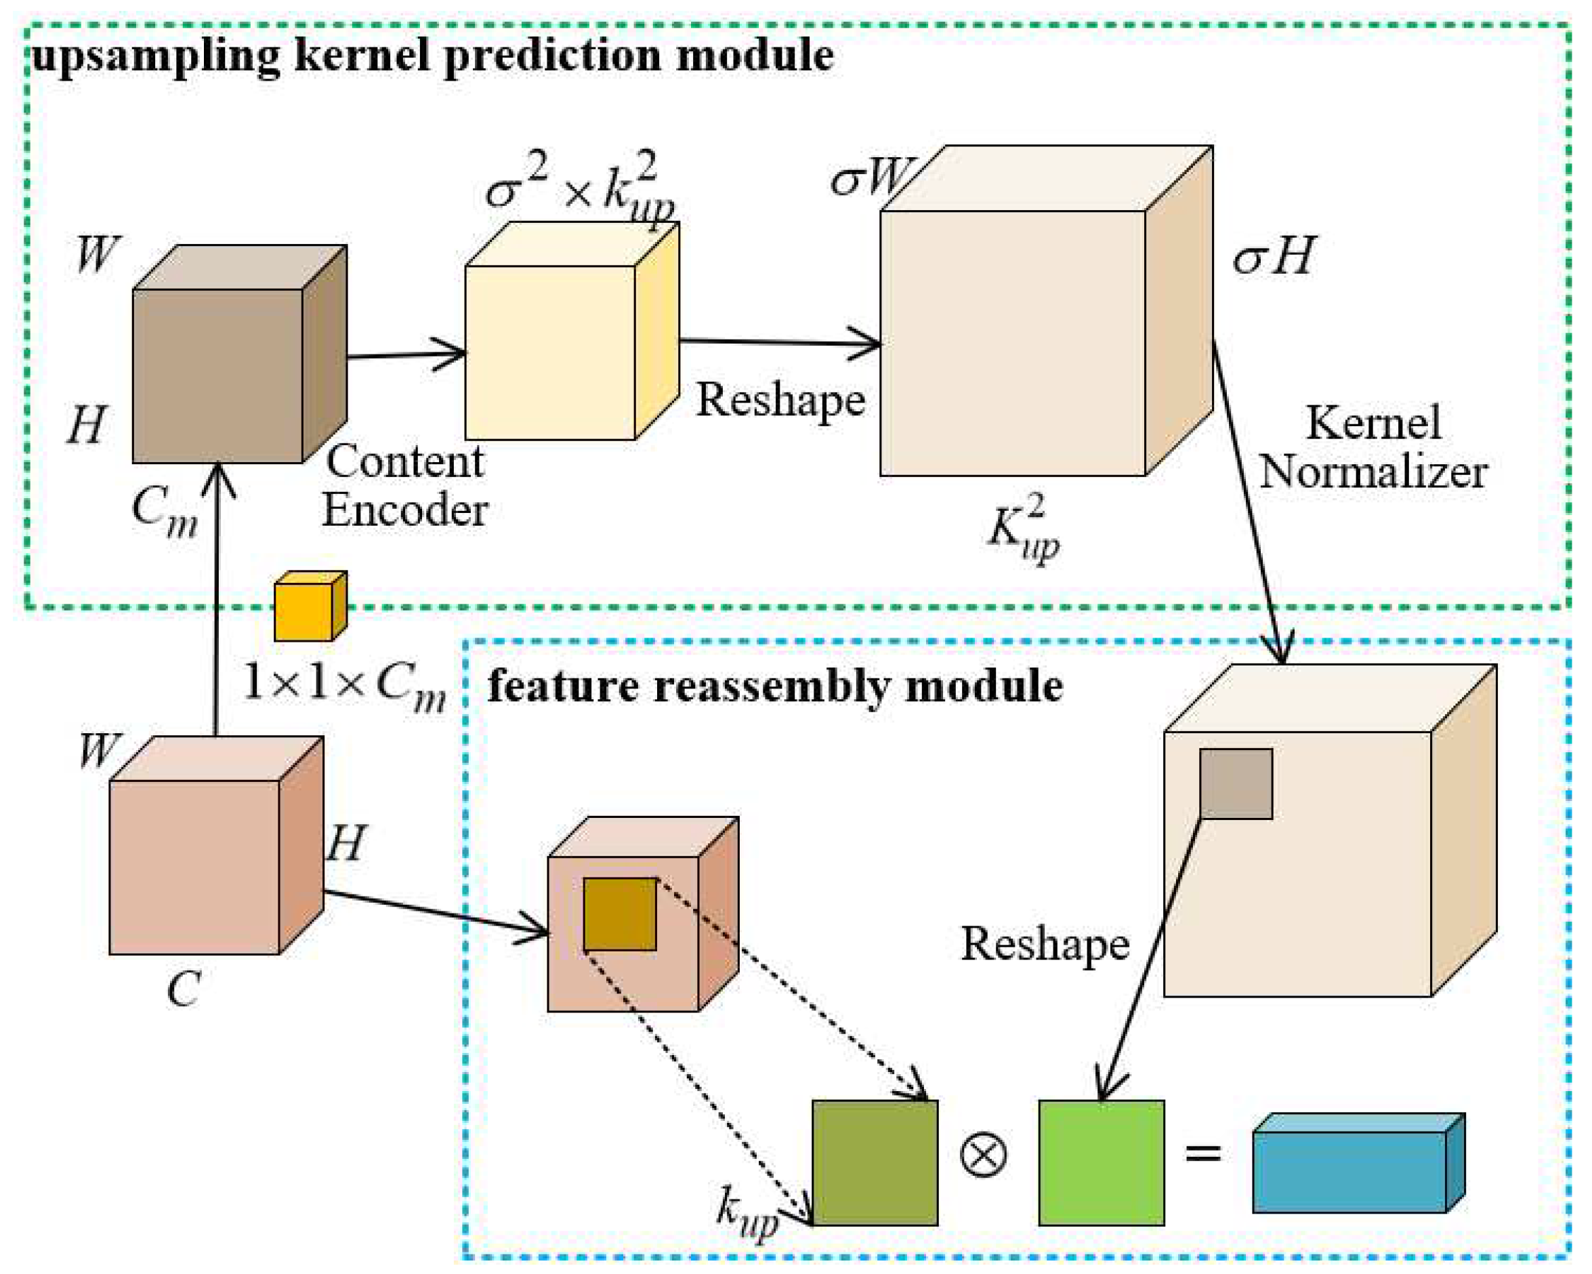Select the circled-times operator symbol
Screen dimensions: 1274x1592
pyautogui.click(x=983, y=1154)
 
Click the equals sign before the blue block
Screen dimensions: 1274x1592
pyautogui.click(x=1203, y=1153)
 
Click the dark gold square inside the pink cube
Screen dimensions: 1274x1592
pyautogui.click(x=619, y=913)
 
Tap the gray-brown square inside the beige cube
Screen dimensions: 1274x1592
pyautogui.click(x=1236, y=783)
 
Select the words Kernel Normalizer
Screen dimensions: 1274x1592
pyautogui.click(x=1373, y=447)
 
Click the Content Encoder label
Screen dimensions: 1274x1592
pyautogui.click(x=405, y=485)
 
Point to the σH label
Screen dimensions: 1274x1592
pyautogui.click(x=1274, y=257)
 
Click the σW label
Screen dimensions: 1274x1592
pyautogui.click(x=870, y=178)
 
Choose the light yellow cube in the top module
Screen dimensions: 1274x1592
pyautogui.click(x=550, y=352)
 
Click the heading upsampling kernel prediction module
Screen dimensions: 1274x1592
pyautogui.click(x=433, y=56)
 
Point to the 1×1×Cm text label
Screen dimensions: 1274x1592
pyautogui.click(x=345, y=684)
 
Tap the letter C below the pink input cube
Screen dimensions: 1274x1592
pyautogui.click(x=184, y=988)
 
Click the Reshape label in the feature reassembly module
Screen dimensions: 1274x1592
pyautogui.click(x=1045, y=943)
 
